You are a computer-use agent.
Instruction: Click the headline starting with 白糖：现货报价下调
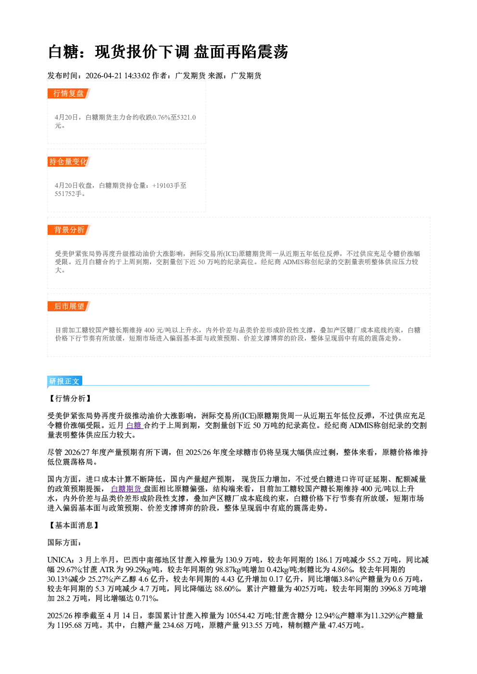168,52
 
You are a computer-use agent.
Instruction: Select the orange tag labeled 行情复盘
69,93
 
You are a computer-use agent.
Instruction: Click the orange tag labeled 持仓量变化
69,161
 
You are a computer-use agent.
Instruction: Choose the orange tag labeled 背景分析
69,230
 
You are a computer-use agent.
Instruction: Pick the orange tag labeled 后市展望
69,306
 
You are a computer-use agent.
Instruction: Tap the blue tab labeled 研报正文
64,381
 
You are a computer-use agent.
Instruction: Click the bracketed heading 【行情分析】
70,398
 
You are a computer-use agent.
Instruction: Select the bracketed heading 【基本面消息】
74,526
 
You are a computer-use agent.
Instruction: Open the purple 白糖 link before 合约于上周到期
134,426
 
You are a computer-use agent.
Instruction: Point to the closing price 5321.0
187,117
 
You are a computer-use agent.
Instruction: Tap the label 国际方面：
64,542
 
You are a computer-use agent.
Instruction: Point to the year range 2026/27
77,452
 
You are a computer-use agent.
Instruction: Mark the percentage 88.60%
228,589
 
